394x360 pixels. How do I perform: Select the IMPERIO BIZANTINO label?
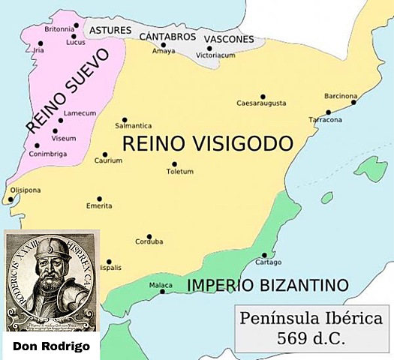268,285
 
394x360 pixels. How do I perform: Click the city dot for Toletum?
174,163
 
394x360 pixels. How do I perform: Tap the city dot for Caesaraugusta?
263,96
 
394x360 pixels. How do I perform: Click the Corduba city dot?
149,236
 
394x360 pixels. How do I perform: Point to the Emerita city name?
99,207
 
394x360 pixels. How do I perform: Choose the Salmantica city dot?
125,119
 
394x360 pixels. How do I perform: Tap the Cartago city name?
268,262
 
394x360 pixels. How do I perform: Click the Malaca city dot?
162,291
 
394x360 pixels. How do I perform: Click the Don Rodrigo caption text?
52,346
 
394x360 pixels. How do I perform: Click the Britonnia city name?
59,28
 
